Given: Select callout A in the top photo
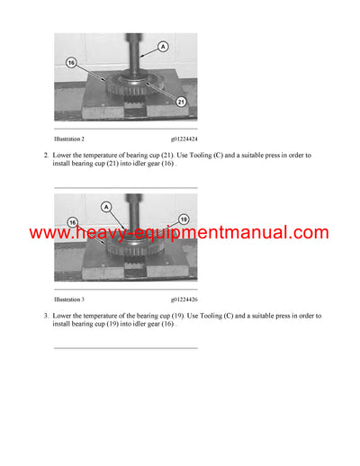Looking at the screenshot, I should (x=162, y=45).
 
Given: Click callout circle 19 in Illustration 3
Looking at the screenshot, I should (x=182, y=219).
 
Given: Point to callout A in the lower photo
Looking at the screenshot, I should (x=105, y=206).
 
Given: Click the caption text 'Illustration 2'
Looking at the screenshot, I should (x=69, y=139).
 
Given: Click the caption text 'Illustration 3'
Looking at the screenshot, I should (x=69, y=298).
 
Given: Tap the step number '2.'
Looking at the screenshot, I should (x=46, y=156).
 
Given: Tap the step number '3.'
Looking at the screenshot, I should (x=46, y=316).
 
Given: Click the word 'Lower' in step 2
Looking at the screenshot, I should (x=65, y=156).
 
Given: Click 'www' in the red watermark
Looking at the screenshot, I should (x=52, y=233).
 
